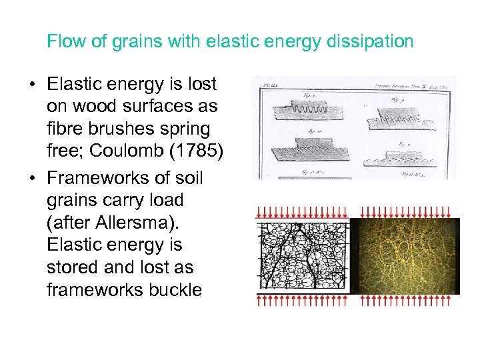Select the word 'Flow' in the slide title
63,42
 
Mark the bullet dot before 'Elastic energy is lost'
32,85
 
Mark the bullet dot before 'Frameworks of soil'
32,179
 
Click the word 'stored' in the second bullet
69,267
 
